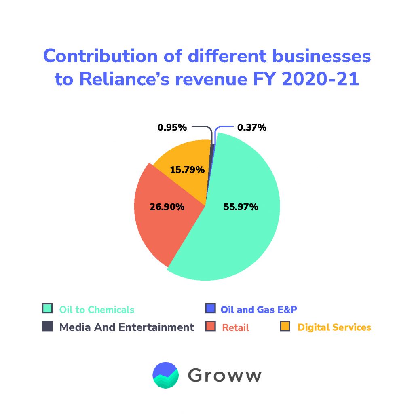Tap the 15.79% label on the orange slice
click(187, 169)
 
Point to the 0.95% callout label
click(172, 128)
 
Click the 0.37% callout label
click(252, 128)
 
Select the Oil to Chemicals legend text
click(97, 310)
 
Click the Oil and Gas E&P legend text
click(261, 310)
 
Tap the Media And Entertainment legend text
click(127, 327)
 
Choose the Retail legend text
click(236, 327)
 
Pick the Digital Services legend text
click(334, 327)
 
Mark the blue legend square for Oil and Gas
click(210, 308)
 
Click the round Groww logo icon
click(166, 375)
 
